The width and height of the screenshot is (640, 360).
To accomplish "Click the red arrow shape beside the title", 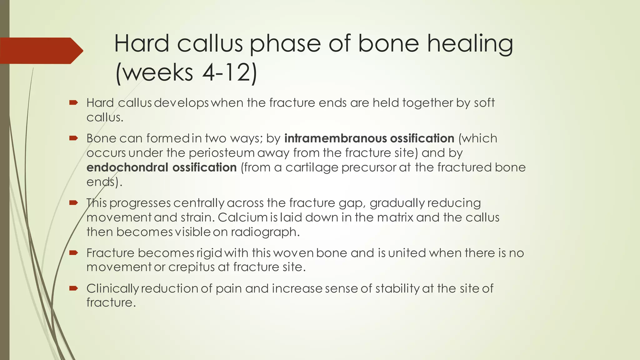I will (41, 51).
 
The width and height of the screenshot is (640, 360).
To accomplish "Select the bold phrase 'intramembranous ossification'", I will (369, 138).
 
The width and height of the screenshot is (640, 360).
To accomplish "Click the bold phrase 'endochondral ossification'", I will (162, 167).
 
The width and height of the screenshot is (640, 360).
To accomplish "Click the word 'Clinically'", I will (112, 288).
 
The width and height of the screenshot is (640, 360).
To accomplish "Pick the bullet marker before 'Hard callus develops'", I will (73, 102).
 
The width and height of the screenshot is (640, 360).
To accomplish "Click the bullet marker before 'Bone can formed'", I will (73, 138).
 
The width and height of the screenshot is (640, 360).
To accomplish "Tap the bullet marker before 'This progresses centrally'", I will (73, 202).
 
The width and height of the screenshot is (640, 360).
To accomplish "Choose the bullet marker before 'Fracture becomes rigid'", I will (73, 252).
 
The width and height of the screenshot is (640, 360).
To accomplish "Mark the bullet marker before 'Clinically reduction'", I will (73, 288).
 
